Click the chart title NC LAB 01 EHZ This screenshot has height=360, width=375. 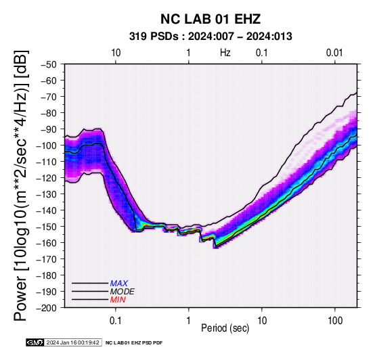[x=211, y=19]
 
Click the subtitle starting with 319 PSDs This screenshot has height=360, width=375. [x=211, y=37]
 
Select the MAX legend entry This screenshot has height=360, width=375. [x=119, y=284]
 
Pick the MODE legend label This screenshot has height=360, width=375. [x=123, y=292]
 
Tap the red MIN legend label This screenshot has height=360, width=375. [x=118, y=300]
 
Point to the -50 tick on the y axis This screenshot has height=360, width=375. [x=49, y=64]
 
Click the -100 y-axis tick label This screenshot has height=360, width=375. [x=47, y=145]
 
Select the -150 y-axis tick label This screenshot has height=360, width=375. [x=47, y=227]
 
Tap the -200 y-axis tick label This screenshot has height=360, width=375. [x=47, y=308]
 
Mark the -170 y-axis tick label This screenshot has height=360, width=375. [x=47, y=259]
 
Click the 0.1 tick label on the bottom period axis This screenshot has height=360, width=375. [x=116, y=321]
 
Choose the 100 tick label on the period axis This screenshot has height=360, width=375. [x=335, y=321]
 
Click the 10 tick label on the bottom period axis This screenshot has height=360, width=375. [x=262, y=321]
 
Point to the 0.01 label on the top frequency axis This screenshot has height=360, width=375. [x=334, y=53]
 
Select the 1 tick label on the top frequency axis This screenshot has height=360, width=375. [x=188, y=53]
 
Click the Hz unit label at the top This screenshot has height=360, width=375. [x=225, y=53]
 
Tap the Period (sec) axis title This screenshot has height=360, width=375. [x=225, y=328]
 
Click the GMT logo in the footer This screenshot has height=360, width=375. [x=35, y=342]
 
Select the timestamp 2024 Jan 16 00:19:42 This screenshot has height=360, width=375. [x=72, y=342]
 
